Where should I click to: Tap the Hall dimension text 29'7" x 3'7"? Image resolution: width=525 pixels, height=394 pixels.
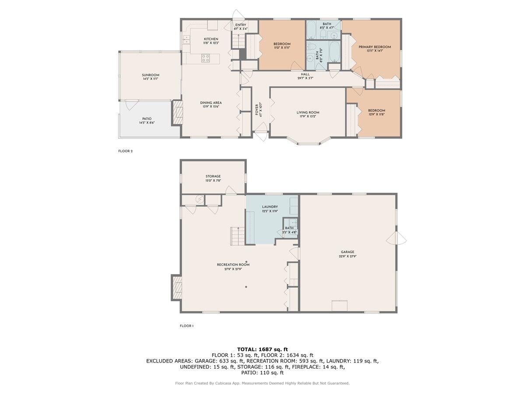305,78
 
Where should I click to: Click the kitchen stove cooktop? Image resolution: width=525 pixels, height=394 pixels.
206,58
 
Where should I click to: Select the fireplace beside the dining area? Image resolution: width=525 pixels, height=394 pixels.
177,113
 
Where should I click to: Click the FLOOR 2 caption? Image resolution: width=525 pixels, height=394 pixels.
125,151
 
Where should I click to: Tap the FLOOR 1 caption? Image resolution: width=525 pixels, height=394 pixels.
187,326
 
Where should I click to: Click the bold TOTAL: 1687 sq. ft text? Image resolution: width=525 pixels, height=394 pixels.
262,349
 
